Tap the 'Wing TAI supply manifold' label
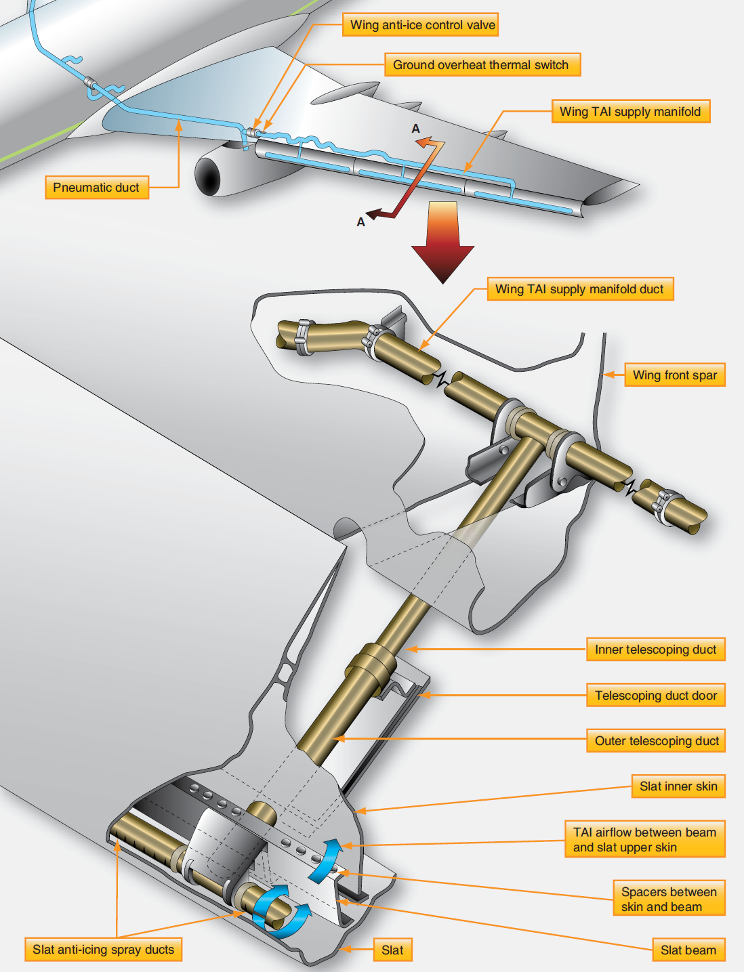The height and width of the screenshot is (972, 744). [631, 112]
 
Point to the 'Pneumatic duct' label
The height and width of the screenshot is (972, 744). [96, 188]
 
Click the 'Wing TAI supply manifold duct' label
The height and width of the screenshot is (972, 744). [580, 289]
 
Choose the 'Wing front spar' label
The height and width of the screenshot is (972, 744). [675, 375]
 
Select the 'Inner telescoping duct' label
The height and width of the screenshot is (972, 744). [655, 650]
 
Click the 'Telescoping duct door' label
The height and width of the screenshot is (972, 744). [655, 696]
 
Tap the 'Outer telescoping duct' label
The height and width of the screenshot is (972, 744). [656, 741]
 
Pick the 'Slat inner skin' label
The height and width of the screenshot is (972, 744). [678, 786]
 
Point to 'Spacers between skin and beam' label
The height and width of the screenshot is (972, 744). [668, 900]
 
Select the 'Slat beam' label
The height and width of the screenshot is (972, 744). [688, 950]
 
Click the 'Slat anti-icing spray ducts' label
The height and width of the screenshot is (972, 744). [104, 950]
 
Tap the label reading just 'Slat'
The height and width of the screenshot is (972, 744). [392, 950]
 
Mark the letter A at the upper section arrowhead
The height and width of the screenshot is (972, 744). [415, 129]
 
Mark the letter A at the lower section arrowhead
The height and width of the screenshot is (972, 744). [360, 222]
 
